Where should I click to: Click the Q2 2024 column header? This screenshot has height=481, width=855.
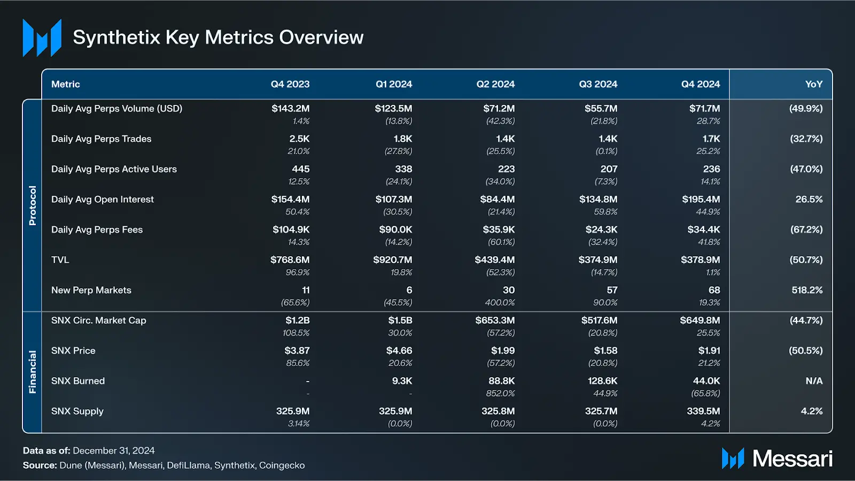pyautogui.click(x=495, y=84)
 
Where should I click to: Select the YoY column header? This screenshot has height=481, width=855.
pyautogui.click(x=813, y=84)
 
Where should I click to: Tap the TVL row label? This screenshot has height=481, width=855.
pyautogui.click(x=60, y=260)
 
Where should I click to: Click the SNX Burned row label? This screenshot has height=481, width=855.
pyautogui.click(x=78, y=381)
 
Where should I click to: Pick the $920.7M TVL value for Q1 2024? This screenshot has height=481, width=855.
pyautogui.click(x=392, y=260)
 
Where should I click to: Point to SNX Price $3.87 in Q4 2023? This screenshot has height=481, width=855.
pyautogui.click(x=297, y=350)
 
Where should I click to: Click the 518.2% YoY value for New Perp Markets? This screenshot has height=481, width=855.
pyautogui.click(x=807, y=290)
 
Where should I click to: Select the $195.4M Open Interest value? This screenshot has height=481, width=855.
pyautogui.click(x=701, y=199)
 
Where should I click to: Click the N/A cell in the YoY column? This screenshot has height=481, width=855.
pyautogui.click(x=814, y=381)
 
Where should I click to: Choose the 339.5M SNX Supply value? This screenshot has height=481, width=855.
pyautogui.click(x=703, y=411)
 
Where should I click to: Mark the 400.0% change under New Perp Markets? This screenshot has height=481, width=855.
pyautogui.click(x=500, y=302)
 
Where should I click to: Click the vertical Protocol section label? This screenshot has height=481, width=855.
pyautogui.click(x=33, y=205)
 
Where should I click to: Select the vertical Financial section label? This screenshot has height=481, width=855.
pyautogui.click(x=33, y=372)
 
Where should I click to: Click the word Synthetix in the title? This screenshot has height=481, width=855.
pyautogui.click(x=116, y=37)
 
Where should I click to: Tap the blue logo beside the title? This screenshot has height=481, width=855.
pyautogui.click(x=42, y=37)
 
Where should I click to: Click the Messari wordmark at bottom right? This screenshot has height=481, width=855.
pyautogui.click(x=792, y=459)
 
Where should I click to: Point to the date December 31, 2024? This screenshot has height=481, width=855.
pyautogui.click(x=114, y=451)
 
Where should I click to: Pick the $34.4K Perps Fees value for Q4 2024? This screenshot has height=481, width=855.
pyautogui.click(x=703, y=230)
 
